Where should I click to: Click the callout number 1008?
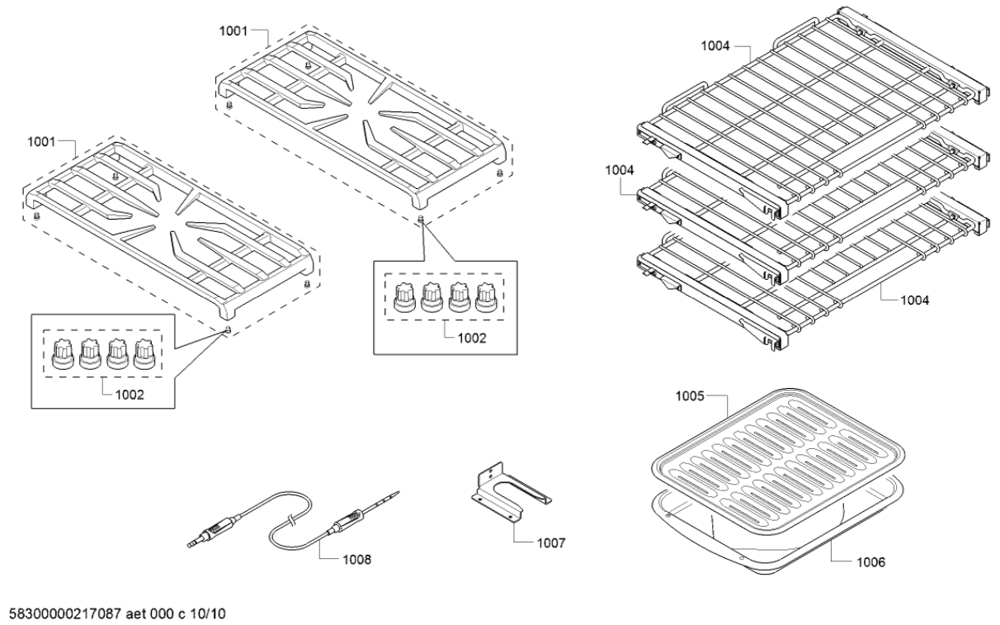356,559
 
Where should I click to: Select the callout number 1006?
870,562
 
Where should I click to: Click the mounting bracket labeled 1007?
507,493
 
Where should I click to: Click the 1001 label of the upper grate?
233,31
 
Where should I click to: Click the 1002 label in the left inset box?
129,395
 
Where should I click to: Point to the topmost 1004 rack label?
715,47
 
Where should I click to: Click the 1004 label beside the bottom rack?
914,301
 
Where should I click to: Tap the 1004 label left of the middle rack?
619,169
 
